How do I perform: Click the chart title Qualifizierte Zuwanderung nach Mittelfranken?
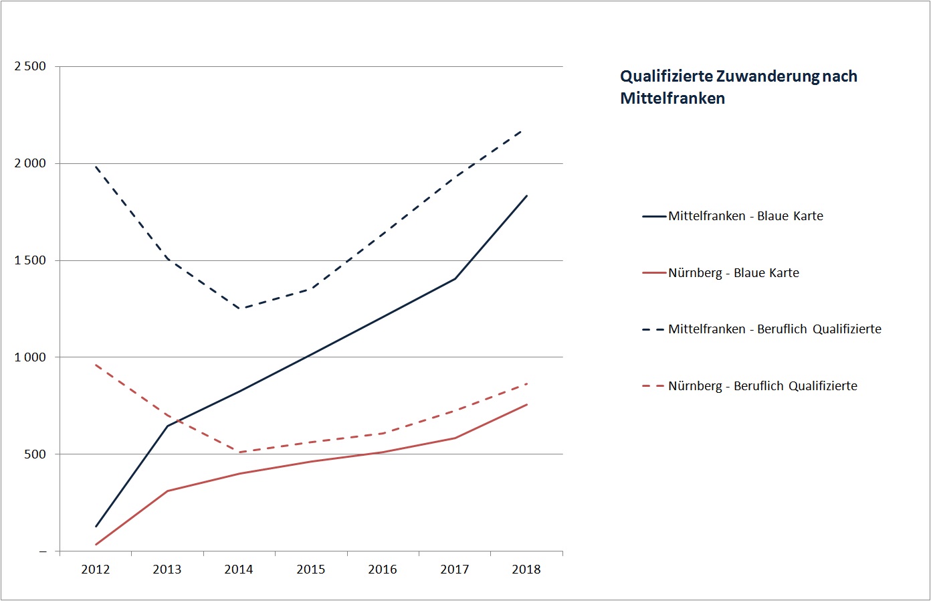click(738, 87)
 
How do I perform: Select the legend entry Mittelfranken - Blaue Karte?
click(745, 216)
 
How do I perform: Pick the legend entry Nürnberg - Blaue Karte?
click(733, 273)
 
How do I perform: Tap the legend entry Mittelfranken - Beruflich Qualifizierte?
click(774, 329)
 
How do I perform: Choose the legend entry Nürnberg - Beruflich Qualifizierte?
click(762, 386)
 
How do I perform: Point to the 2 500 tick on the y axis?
click(30, 66)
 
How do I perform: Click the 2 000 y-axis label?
click(30, 163)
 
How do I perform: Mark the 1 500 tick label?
click(30, 260)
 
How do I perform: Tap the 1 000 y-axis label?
click(30, 357)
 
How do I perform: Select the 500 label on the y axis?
click(35, 454)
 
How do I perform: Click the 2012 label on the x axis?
click(95, 570)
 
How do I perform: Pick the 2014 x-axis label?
click(239, 570)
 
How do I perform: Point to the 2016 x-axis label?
click(383, 570)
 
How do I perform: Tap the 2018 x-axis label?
click(526, 570)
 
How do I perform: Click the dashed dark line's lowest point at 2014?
click(239, 309)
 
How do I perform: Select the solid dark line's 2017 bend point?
click(455, 278)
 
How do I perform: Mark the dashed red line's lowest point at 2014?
click(239, 452)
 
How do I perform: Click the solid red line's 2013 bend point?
click(167, 491)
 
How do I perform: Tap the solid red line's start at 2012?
click(96, 545)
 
